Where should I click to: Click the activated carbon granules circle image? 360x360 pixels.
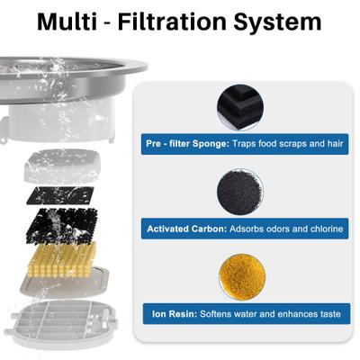point(240,193)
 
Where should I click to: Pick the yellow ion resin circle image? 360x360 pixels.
point(240,277)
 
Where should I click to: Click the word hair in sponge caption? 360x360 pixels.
point(329,144)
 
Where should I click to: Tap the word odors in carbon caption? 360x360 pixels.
point(272,229)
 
